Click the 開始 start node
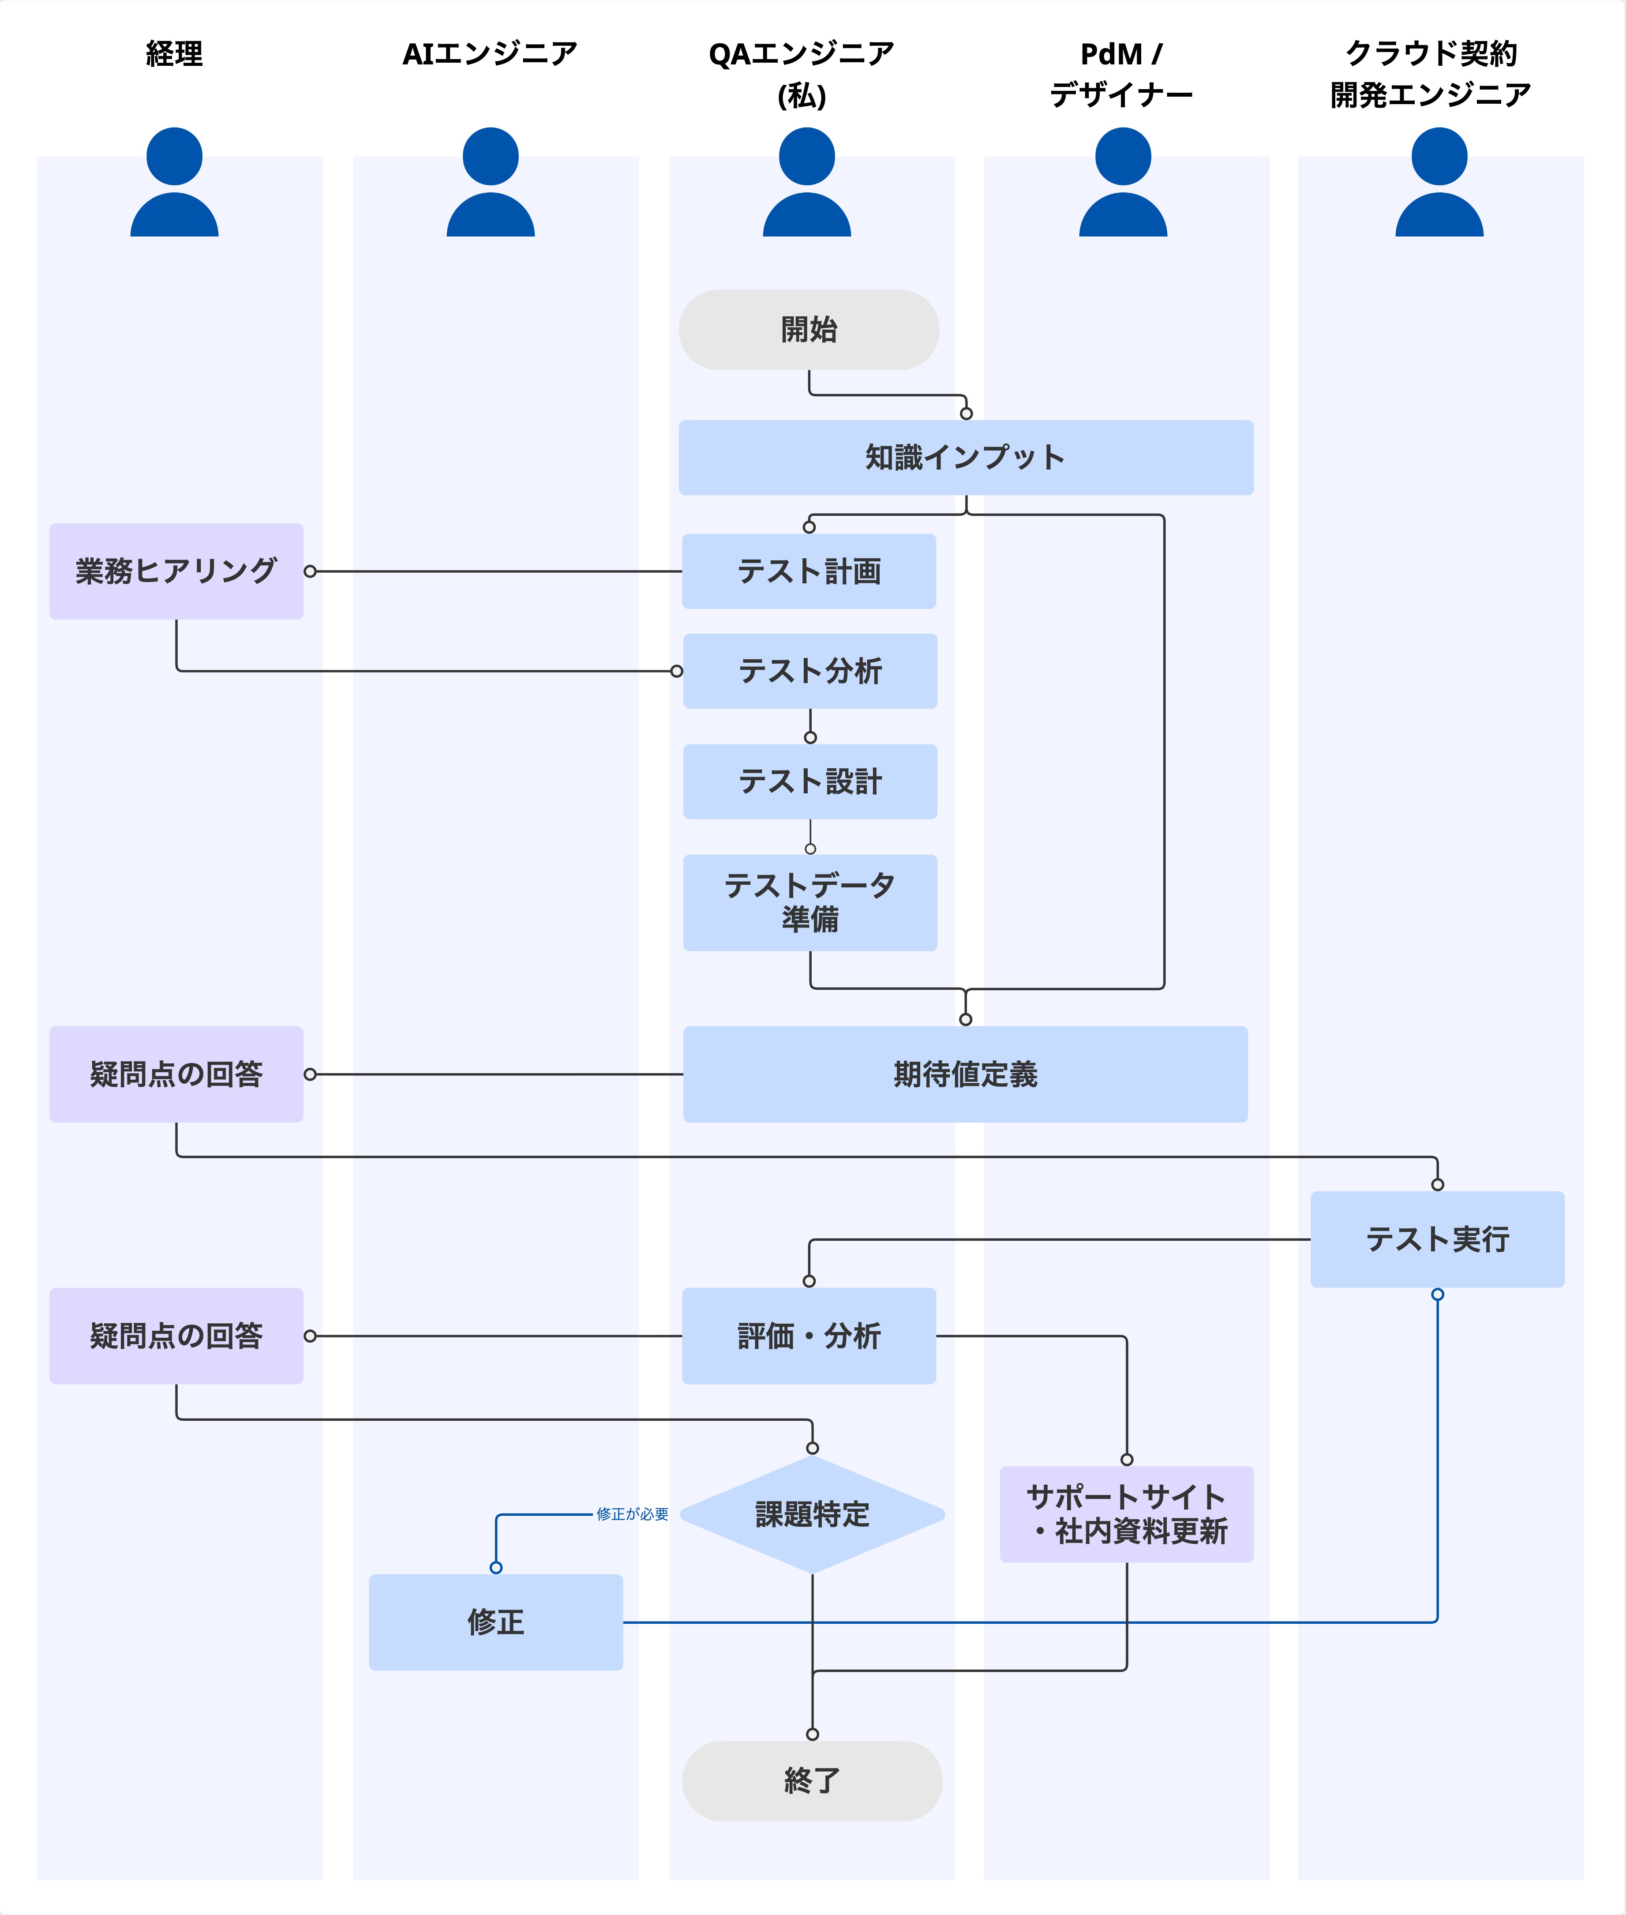point(809,330)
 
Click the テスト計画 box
point(809,572)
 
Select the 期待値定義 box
point(965,1074)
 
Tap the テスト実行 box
point(1437,1239)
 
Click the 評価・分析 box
point(809,1336)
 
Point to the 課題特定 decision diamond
point(812,1514)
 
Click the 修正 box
point(496,1622)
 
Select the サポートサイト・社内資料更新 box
point(1126,1514)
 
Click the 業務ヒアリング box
point(176,572)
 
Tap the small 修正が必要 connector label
point(632,1514)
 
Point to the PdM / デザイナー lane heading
point(1122,74)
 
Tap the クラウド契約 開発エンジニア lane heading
point(1431,74)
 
